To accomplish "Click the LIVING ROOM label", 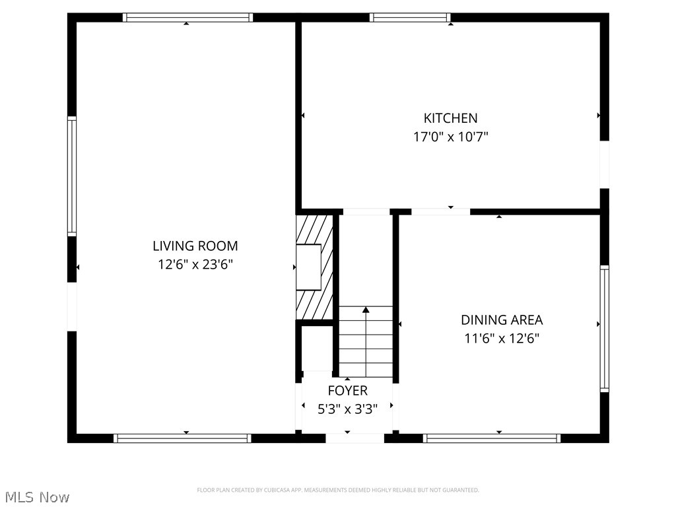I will pyautogui.click(x=195, y=246).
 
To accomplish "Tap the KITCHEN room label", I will pyautogui.click(x=450, y=118).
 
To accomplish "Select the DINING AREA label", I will pyautogui.click(x=502, y=320).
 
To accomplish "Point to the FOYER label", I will pyautogui.click(x=347, y=391).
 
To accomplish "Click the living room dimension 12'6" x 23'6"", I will pyautogui.click(x=195, y=265).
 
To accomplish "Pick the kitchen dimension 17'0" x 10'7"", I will pyautogui.click(x=450, y=137).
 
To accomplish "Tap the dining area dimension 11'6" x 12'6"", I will pyautogui.click(x=502, y=339).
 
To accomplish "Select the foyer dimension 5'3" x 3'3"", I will pyautogui.click(x=347, y=409).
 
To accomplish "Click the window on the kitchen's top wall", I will pyautogui.click(x=410, y=18).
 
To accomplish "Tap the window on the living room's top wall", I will pyautogui.click(x=188, y=18).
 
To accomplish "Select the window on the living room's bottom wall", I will pyautogui.click(x=182, y=438).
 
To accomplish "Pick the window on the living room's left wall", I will pyautogui.click(x=72, y=176).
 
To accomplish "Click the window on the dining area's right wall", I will pyautogui.click(x=604, y=328).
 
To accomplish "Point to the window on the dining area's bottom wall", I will pyautogui.click(x=492, y=438).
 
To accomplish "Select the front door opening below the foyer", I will pyautogui.click(x=355, y=437).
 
